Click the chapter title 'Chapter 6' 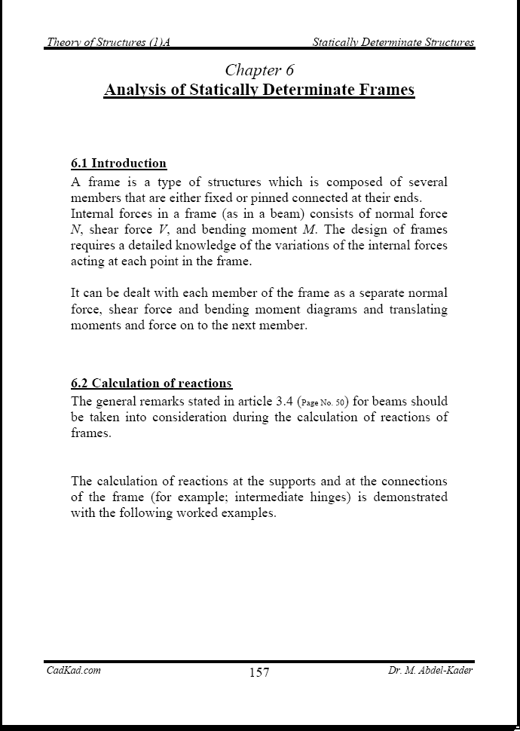point(259,70)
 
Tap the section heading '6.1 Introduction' point(118,164)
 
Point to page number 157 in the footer point(259,672)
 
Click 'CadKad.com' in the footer point(74,670)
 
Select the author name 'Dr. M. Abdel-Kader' point(426,670)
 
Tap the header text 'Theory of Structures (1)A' point(108,42)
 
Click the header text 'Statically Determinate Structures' point(393,42)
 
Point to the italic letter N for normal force point(75,230)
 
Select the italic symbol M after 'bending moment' point(307,230)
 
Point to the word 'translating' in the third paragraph point(418,309)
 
